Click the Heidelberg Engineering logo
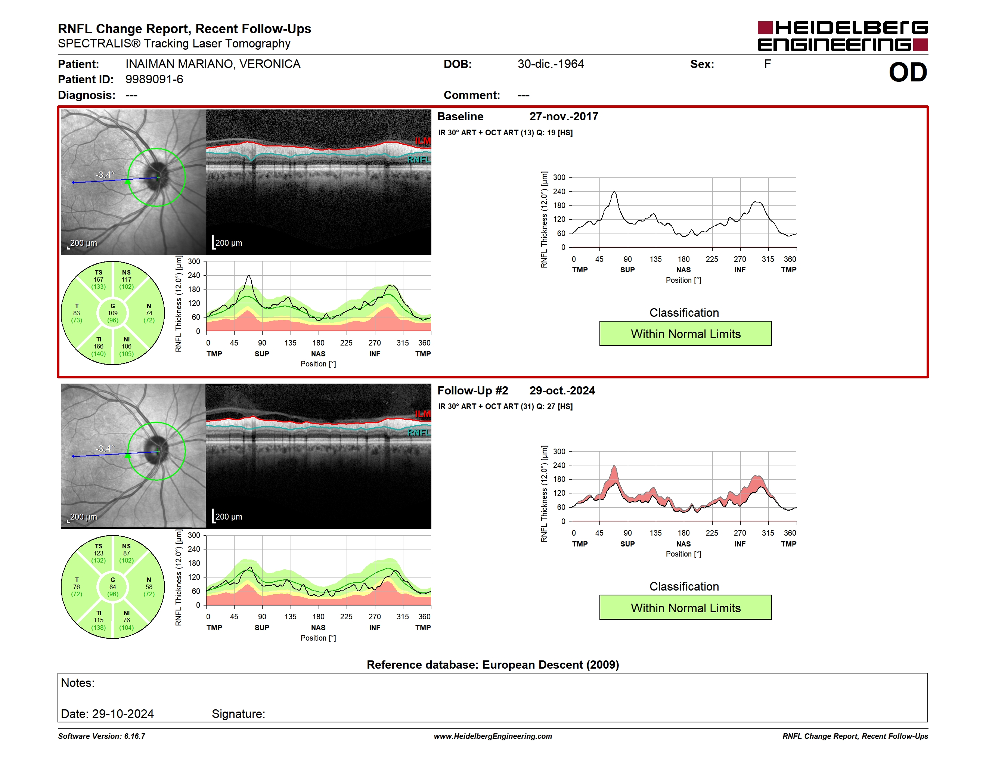[x=843, y=36]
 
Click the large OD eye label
[x=908, y=72]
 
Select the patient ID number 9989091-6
[x=154, y=80]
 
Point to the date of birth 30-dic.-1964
[x=551, y=64]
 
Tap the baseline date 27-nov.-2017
[x=564, y=117]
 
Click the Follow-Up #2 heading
[x=473, y=390]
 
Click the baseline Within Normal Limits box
[x=685, y=334]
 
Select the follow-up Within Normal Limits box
[x=685, y=608]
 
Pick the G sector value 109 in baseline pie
[x=113, y=313]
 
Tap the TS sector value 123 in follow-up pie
[x=99, y=553]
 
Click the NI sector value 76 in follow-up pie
[x=126, y=620]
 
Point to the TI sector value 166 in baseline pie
[x=99, y=346]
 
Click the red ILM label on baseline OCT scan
[x=423, y=141]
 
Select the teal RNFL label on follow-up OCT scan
[x=419, y=433]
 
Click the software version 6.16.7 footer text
[x=102, y=736]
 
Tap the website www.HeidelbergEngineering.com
[x=493, y=736]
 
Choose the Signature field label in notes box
[x=238, y=714]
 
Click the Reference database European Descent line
[x=493, y=665]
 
